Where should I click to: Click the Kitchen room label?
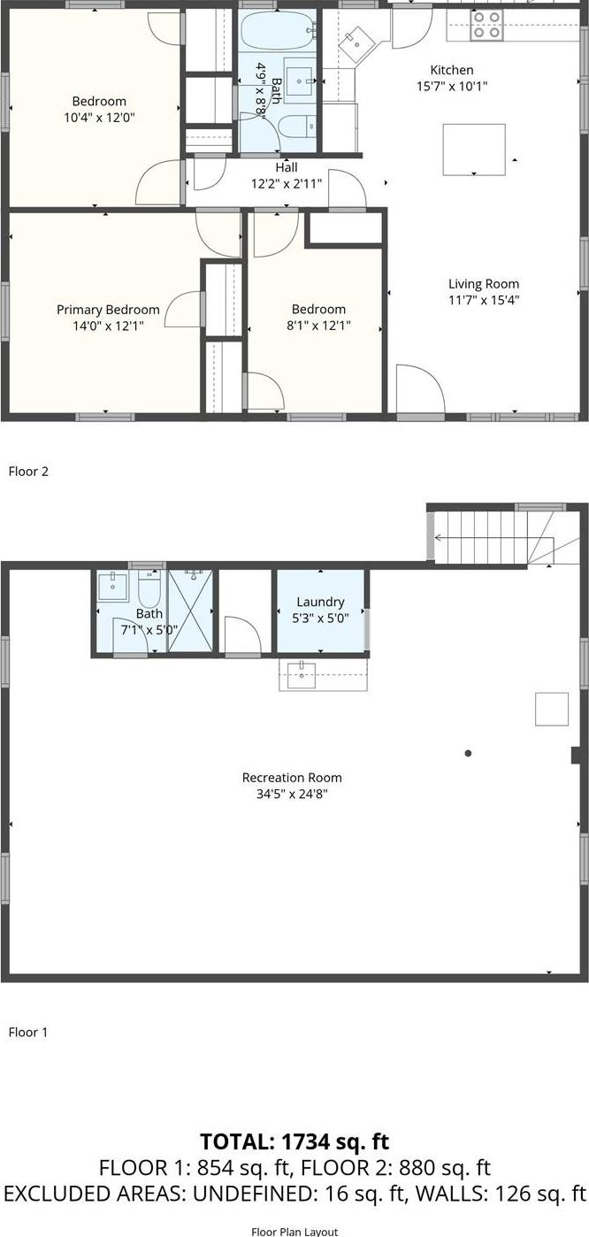pos(451,70)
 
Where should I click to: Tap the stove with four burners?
pos(486,25)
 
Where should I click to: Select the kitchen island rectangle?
pos(474,149)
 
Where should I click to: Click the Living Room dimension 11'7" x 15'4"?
pos(483,300)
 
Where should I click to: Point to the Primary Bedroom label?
pos(108,310)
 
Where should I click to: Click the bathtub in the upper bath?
pos(279,33)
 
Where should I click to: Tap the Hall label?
pos(287,167)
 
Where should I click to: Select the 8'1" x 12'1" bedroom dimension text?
pos(318,325)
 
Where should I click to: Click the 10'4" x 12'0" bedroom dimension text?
pos(99,117)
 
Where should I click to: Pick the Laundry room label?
pos(319,602)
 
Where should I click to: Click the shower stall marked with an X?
pos(191,611)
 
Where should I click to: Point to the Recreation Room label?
pos(292,778)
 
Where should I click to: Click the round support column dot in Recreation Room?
pos(468,753)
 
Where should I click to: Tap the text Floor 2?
pos(28,472)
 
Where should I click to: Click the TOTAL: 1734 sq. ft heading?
pos(294,1141)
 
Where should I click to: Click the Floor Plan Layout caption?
pos(294,1230)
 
